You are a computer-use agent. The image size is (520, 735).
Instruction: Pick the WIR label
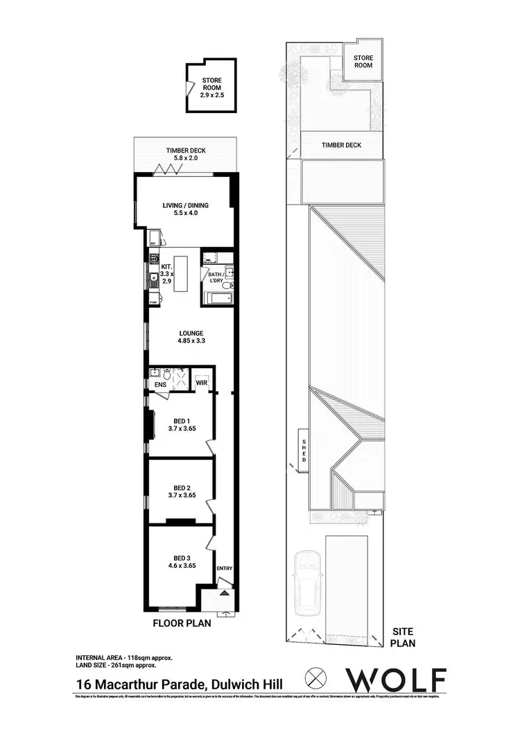click(202, 382)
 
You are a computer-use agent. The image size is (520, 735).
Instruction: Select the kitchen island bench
click(182, 275)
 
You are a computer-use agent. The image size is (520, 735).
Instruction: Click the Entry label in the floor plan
click(225, 569)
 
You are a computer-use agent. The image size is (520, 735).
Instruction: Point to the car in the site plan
click(308, 582)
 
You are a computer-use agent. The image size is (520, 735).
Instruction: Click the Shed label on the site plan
click(303, 450)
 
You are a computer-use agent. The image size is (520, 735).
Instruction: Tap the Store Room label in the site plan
click(363, 62)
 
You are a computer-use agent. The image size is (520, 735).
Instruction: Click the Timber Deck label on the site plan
click(341, 145)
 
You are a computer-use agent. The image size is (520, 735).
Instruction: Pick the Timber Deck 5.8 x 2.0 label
click(185, 155)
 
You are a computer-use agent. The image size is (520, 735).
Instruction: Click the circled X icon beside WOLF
click(316, 677)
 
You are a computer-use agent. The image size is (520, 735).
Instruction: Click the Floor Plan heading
click(182, 623)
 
